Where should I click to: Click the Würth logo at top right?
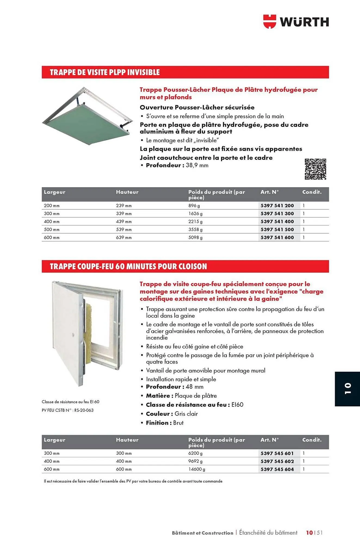[x=296, y=21]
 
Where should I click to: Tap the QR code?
[x=315, y=169]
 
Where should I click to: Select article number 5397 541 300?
[x=277, y=214]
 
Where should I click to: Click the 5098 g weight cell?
[x=195, y=237]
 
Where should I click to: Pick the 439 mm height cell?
[x=124, y=221]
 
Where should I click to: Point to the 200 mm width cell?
[x=52, y=206]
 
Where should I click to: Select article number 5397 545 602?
[x=277, y=461]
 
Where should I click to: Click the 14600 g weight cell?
[x=197, y=469]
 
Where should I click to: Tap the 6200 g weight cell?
[x=195, y=453]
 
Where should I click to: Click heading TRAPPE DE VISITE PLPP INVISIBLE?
[x=105, y=72]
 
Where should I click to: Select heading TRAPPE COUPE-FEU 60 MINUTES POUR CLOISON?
[x=128, y=266]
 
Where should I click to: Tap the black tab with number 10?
[x=347, y=389]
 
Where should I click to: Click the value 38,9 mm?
[x=197, y=165]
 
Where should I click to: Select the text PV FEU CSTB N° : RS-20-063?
[x=67, y=410]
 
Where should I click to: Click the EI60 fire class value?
[x=237, y=405]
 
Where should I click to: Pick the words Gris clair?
[x=186, y=414]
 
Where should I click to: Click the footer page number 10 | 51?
[x=314, y=533]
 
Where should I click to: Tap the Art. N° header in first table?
[x=269, y=192]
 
